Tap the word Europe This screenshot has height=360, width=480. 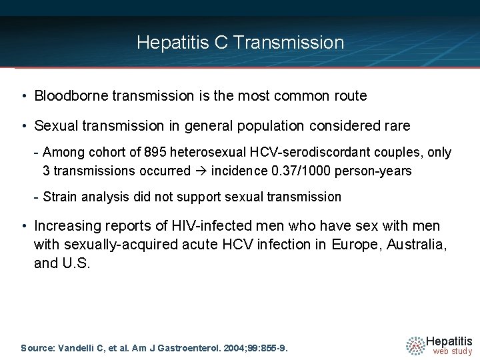click(351, 245)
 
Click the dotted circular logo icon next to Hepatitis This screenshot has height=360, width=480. click(415, 345)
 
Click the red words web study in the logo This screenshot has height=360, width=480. click(452, 351)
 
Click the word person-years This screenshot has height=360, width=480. click(376, 171)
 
